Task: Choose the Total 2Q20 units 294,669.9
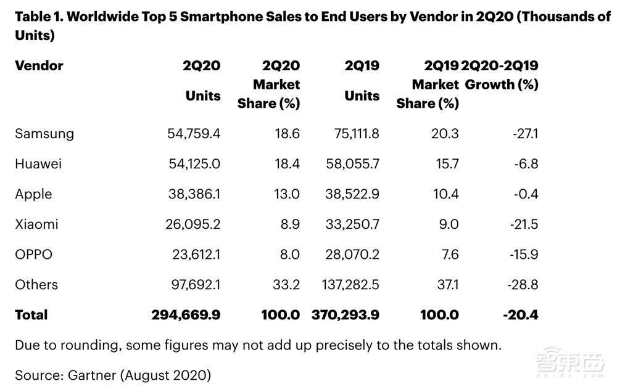tap(186, 315)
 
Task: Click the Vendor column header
tap(39, 65)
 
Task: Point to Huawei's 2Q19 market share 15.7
tap(445, 164)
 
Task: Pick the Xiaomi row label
tap(36, 224)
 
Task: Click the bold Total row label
tap(31, 315)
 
